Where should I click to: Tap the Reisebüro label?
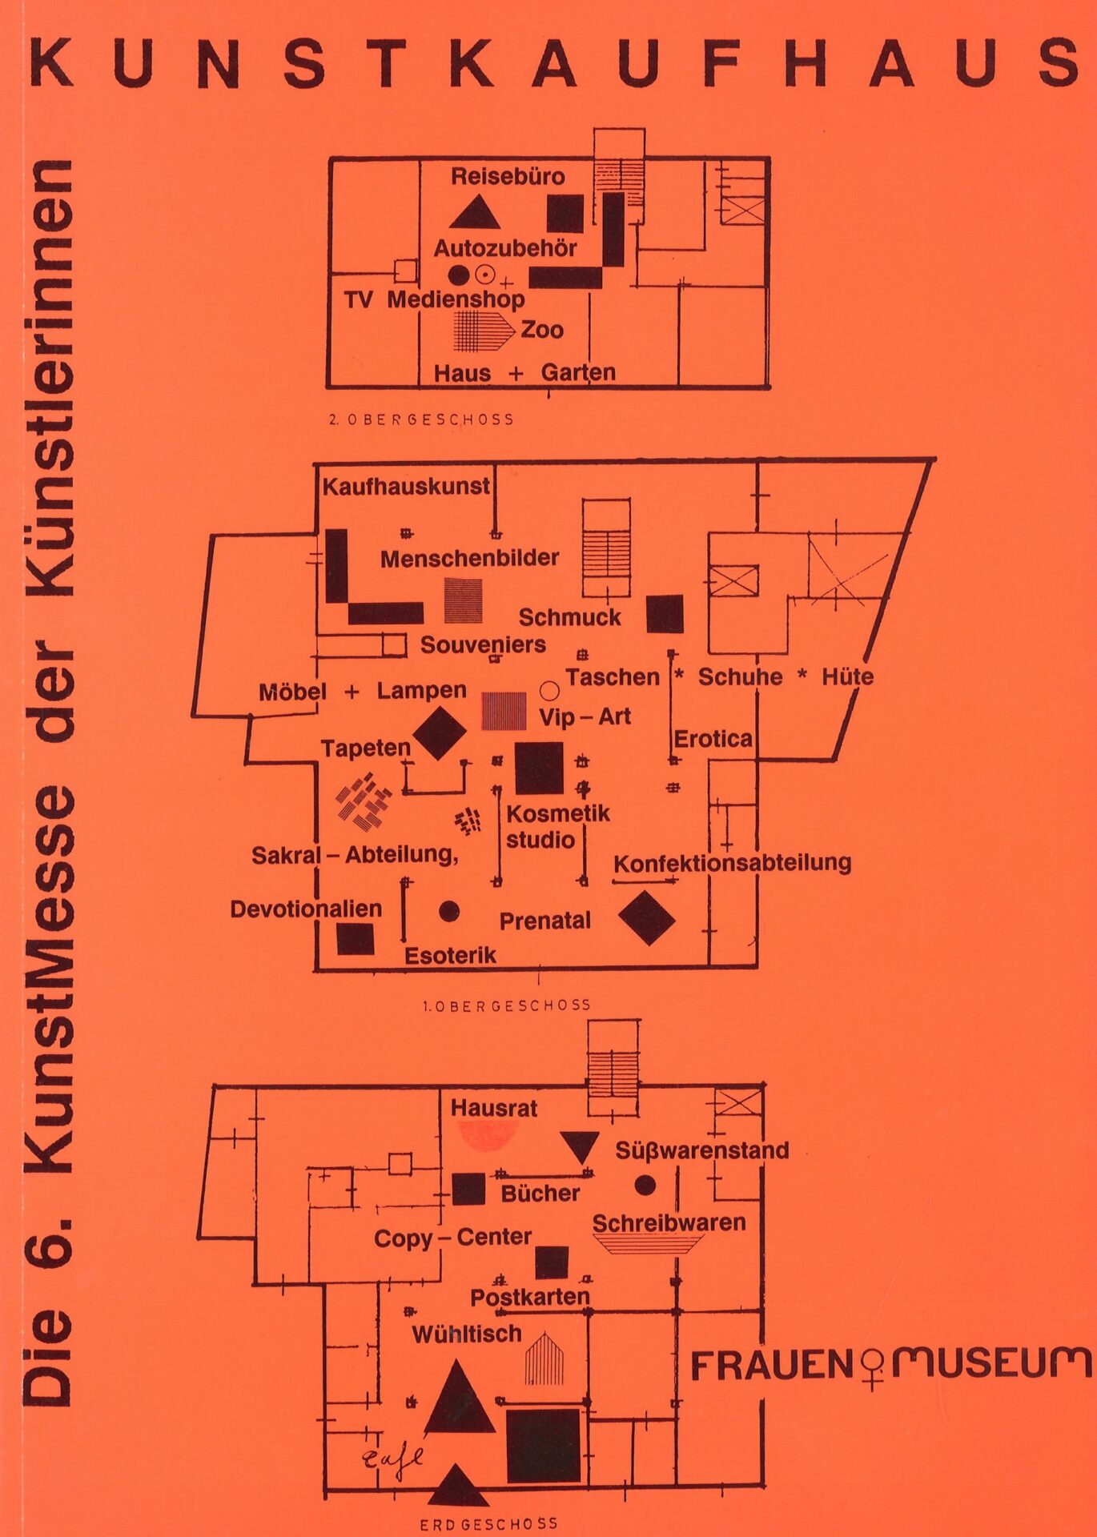tap(508, 177)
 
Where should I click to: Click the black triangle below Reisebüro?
tap(475, 214)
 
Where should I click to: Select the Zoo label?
tap(542, 330)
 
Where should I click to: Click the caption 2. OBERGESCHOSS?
tap(421, 419)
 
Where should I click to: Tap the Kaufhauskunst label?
tap(406, 487)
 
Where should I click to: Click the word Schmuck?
tap(569, 617)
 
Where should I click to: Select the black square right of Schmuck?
tap(665, 614)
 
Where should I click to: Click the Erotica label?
tap(713, 739)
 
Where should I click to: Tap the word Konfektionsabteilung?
tap(732, 863)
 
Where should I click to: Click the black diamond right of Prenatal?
tap(647, 918)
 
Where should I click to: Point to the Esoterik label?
tap(450, 955)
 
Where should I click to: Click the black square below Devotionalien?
tap(356, 939)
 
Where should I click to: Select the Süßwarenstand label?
tap(701, 1150)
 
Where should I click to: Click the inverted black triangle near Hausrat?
tap(580, 1146)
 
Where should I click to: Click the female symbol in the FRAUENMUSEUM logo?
tap(873, 1367)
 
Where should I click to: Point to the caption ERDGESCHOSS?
tap(488, 1524)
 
